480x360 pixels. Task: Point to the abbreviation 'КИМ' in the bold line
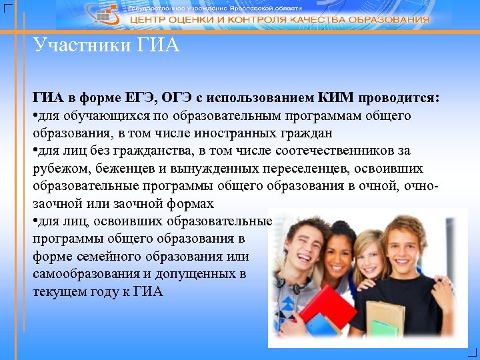click(338, 98)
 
